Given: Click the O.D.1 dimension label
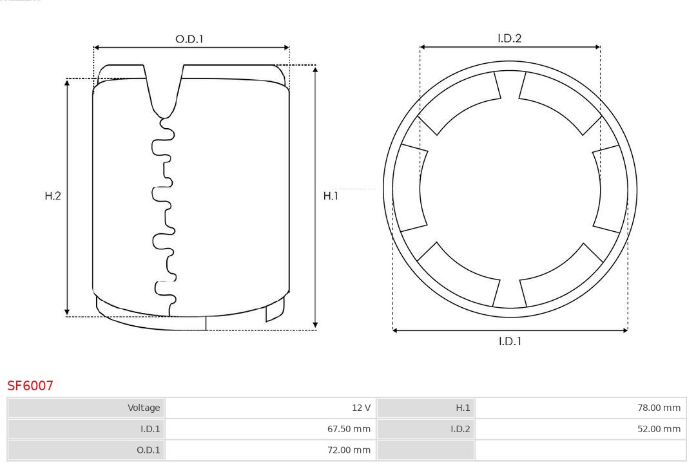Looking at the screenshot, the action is (x=189, y=39).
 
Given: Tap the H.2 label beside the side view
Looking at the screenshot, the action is (x=53, y=196).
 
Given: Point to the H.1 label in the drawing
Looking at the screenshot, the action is (x=331, y=196).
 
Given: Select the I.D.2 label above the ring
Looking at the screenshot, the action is (x=510, y=39).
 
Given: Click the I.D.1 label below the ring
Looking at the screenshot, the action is (x=510, y=341).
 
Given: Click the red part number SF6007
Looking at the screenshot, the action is (x=30, y=386).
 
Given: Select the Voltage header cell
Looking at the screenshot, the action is (x=86, y=408).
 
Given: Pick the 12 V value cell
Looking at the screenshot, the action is (x=270, y=408).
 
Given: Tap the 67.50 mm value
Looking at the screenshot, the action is (x=349, y=429).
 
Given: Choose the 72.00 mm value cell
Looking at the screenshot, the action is (x=270, y=450).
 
